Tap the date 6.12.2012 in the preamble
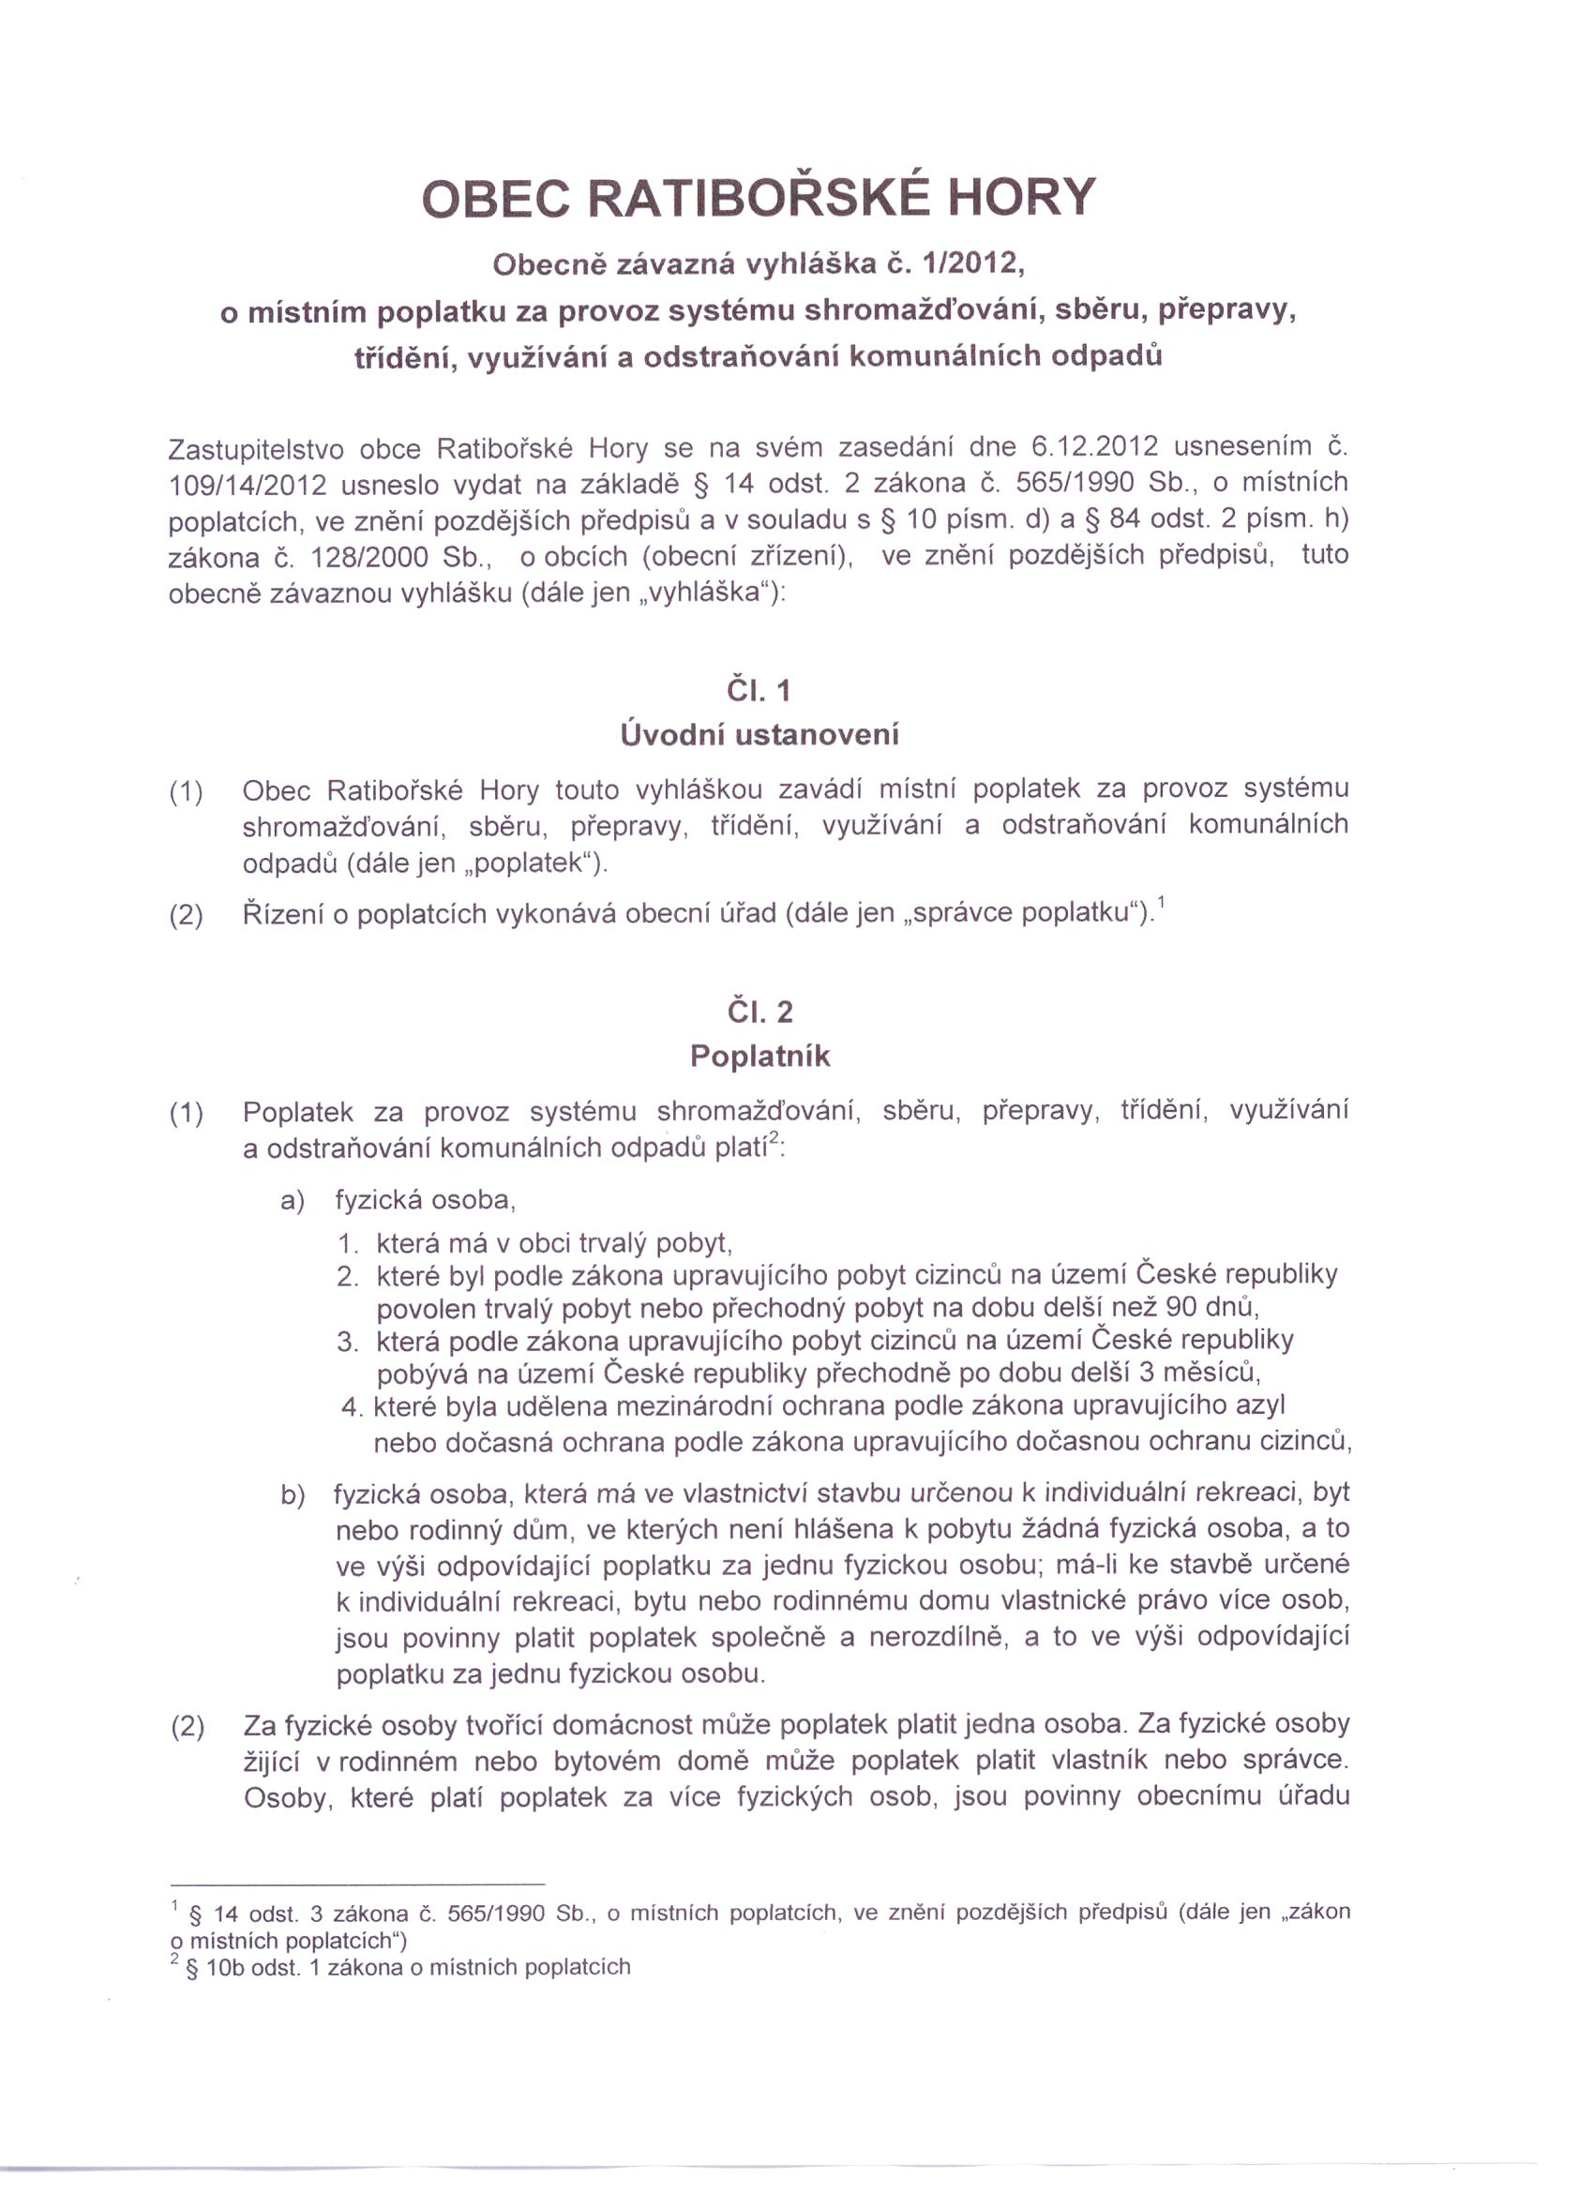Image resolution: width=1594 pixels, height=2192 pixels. click(1095, 446)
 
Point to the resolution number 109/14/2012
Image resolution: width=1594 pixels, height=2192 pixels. click(248, 484)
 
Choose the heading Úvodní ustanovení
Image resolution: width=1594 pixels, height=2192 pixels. click(759, 734)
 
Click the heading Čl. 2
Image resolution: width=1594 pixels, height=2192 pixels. click(759, 1012)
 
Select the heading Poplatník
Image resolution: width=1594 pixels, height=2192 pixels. click(759, 1056)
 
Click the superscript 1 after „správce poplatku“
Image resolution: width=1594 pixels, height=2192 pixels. click(1161, 904)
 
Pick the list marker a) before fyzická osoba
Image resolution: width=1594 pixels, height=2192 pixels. click(293, 1200)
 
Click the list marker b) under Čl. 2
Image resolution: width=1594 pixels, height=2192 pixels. click(293, 1495)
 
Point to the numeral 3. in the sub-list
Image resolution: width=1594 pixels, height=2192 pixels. click(348, 1342)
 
